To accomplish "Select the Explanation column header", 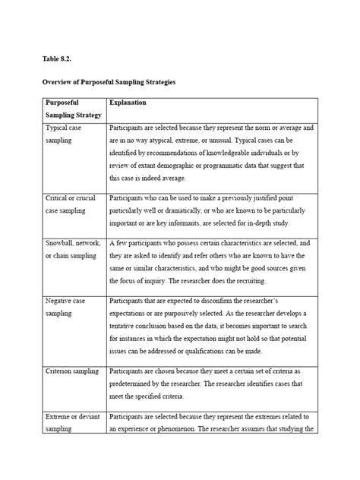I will click(128, 102).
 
